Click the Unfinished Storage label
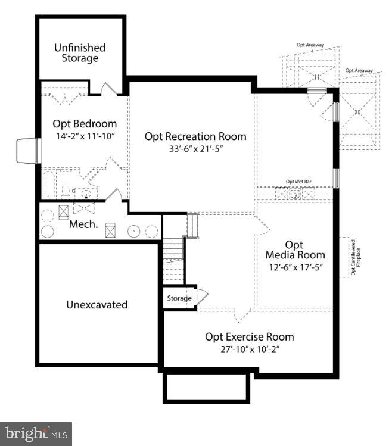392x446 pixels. point(80,52)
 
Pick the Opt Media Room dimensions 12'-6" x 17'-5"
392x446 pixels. point(295,267)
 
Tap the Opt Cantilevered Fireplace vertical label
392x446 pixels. point(354,257)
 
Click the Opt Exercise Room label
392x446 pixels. point(249,337)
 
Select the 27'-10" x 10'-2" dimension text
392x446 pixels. point(249,350)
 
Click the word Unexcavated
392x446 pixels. point(97,304)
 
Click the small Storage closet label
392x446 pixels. point(179,298)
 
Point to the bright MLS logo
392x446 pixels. point(36,433)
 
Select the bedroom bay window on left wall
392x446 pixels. point(27,151)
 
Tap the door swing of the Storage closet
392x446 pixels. point(203,297)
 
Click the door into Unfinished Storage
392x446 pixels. point(108,89)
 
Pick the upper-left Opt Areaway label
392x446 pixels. point(309,45)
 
